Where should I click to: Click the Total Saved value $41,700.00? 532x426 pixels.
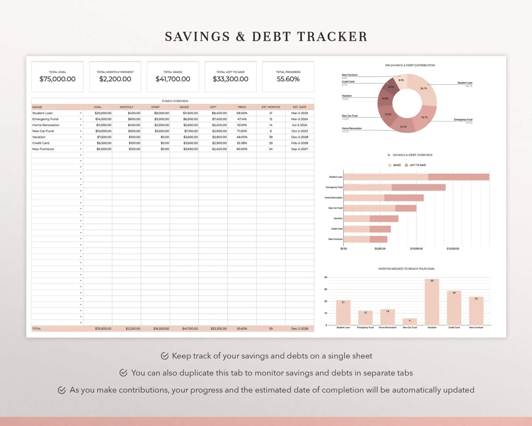coord(173,79)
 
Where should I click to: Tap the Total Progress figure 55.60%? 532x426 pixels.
coord(288,79)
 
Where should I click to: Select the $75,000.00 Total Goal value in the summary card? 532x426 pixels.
coord(57,79)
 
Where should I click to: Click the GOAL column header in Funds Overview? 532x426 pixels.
coord(98,107)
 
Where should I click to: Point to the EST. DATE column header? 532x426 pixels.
coord(300,107)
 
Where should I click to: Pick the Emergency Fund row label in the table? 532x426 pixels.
coord(45,119)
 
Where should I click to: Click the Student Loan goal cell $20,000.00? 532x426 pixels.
coord(103,113)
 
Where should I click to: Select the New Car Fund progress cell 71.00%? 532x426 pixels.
coord(242,131)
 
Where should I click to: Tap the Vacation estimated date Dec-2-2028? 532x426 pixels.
coord(300,137)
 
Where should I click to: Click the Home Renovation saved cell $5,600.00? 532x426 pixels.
coord(190,125)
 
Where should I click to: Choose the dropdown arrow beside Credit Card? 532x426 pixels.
coord(81,143)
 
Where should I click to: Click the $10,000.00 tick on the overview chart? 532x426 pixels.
coord(416,249)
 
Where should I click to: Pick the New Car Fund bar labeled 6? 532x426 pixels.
coord(410,322)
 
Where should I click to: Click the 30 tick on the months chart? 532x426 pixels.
coord(326,290)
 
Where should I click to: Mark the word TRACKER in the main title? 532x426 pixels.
coord(332,37)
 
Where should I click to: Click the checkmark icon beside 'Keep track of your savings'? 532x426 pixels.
coord(165,356)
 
